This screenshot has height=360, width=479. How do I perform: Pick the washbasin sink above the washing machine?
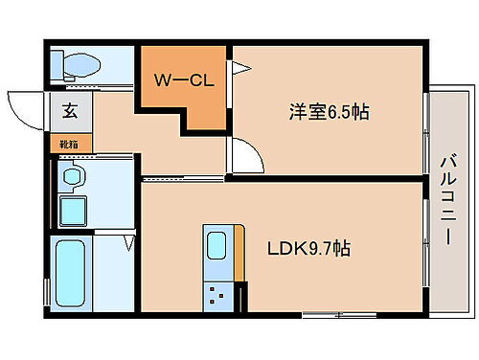click(72, 175)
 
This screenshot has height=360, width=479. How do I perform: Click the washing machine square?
click(73, 210)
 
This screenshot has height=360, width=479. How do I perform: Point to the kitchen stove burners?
click(218, 295)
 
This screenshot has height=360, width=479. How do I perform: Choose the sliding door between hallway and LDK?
click(182, 178)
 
